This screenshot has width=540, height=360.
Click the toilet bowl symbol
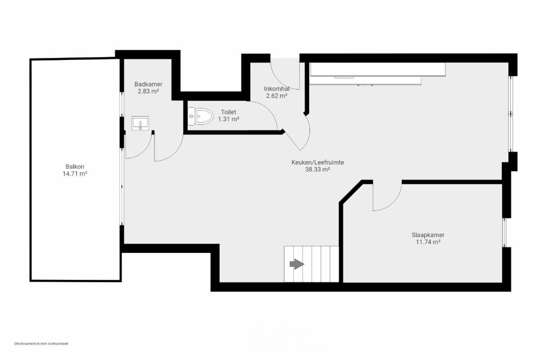[200, 117]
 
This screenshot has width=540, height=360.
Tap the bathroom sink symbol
[140, 123]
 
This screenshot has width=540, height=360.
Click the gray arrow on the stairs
[297, 264]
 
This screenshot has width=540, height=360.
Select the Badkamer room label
[148, 85]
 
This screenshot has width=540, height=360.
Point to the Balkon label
[75, 166]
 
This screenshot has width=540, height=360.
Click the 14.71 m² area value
[75, 174]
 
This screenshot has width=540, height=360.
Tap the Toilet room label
[229, 112]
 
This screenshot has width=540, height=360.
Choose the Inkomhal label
[276, 89]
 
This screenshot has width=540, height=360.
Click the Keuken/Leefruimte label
[318, 162]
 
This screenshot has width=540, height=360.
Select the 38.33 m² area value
[318, 170]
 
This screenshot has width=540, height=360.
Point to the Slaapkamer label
[428, 235]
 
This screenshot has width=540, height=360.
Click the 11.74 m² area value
[428, 242]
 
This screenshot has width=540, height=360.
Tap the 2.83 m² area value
[148, 91]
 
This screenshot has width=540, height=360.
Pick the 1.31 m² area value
[229, 119]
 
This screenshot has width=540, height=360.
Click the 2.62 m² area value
[276, 96]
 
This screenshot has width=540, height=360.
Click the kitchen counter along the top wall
[378, 73]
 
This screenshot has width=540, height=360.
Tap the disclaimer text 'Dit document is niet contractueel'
[41, 343]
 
